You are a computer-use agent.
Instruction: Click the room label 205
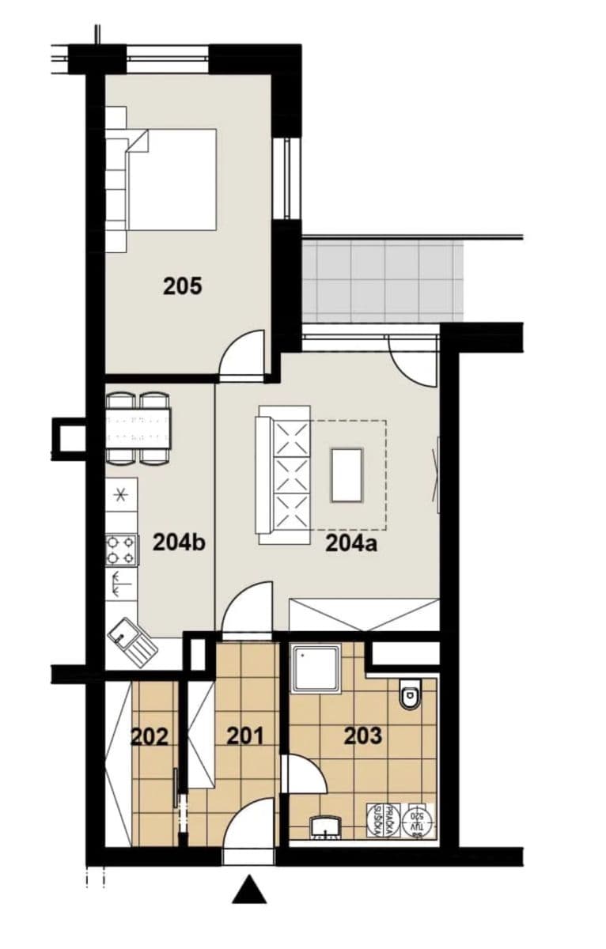[x=183, y=285]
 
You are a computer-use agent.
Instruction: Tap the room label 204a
[x=350, y=543]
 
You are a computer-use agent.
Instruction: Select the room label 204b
[x=179, y=543]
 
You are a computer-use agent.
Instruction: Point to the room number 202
[x=150, y=737]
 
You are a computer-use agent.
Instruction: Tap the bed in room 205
[x=170, y=180]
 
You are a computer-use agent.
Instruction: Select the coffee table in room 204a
[x=347, y=475]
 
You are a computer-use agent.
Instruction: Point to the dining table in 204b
[x=138, y=428]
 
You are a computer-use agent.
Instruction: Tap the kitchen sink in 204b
[x=131, y=641]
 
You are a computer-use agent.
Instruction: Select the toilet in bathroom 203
[x=410, y=694]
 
